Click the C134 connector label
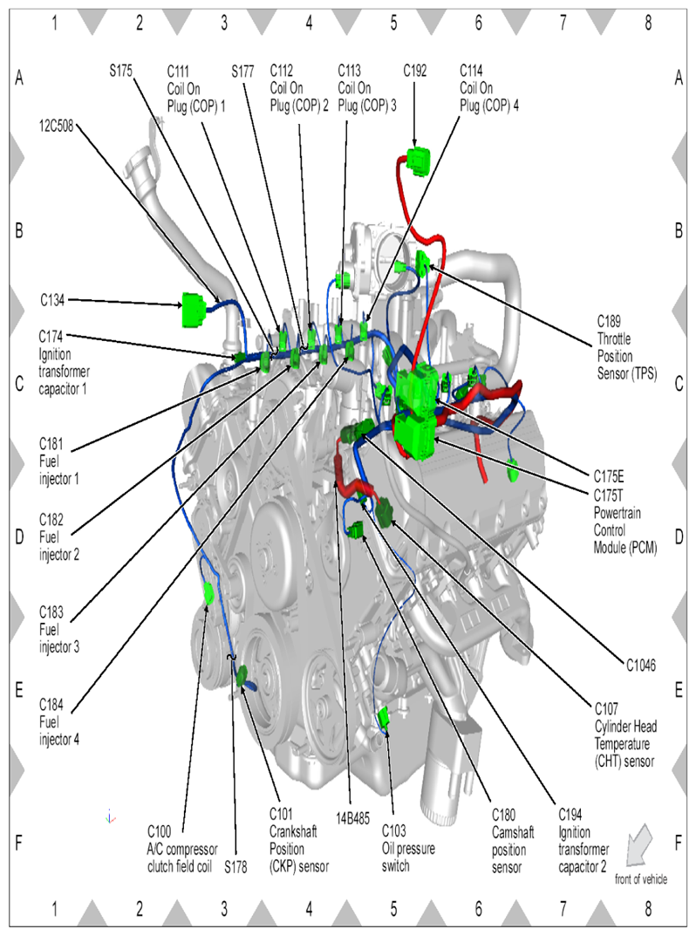pyautogui.click(x=52, y=300)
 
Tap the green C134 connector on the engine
pyautogui.click(x=194, y=310)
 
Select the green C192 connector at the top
pyautogui.click(x=419, y=161)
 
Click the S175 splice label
pyautogui.click(x=120, y=71)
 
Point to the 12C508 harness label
pyautogui.click(x=56, y=126)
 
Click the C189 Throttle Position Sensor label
pyautogui.click(x=627, y=347)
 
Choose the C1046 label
pyautogui.click(x=640, y=665)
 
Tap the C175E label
pyautogui.click(x=608, y=476)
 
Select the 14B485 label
pyautogui.click(x=352, y=818)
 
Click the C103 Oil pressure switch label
pyautogui.click(x=408, y=848)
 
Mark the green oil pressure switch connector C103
pyautogui.click(x=384, y=718)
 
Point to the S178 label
pyautogui.click(x=235, y=867)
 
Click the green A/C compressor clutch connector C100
pyautogui.click(x=208, y=593)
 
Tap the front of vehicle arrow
pyautogui.click(x=638, y=844)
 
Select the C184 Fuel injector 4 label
pyautogui.click(x=59, y=721)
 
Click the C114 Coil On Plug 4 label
pyautogui.click(x=489, y=88)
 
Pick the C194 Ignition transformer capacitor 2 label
pyautogui.click(x=583, y=841)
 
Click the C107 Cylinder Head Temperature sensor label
pyautogui.click(x=625, y=734)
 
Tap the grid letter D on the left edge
pyautogui.click(x=19, y=536)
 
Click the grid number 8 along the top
pyautogui.click(x=648, y=23)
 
